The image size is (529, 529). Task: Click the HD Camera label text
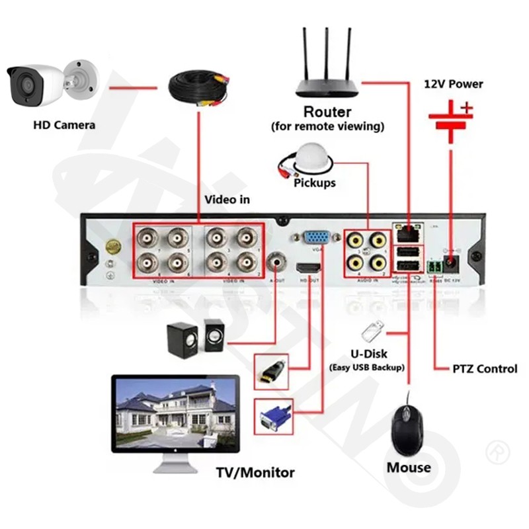[64, 124]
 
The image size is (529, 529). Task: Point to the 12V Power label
[453, 84]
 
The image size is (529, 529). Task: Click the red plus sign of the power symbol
[468, 106]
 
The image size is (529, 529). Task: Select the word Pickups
[315, 183]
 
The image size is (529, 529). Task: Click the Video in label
[227, 199]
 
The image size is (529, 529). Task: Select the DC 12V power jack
[454, 264]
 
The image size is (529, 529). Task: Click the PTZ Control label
[485, 368]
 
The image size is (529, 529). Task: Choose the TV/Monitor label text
[255, 472]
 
